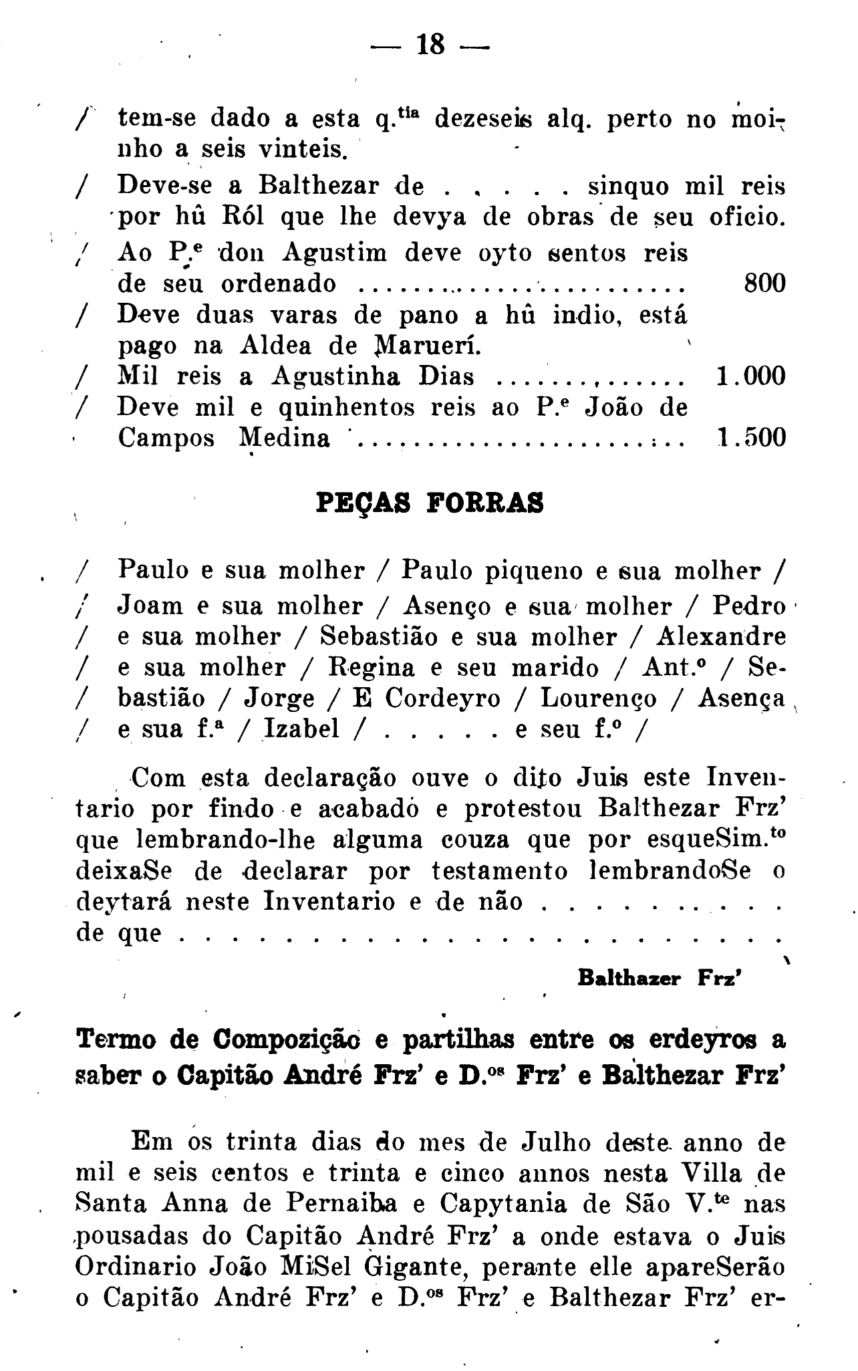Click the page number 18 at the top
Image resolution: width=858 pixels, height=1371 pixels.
click(x=430, y=46)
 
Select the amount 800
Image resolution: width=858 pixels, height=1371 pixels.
click(x=764, y=283)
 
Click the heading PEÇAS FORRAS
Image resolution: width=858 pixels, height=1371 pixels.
click(x=429, y=503)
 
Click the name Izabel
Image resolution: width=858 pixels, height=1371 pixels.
click(x=301, y=728)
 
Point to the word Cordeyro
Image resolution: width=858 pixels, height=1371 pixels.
click(x=443, y=698)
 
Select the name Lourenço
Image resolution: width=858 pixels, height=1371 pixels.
click(x=599, y=698)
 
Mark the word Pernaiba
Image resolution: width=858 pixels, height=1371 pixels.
click(x=343, y=1204)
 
